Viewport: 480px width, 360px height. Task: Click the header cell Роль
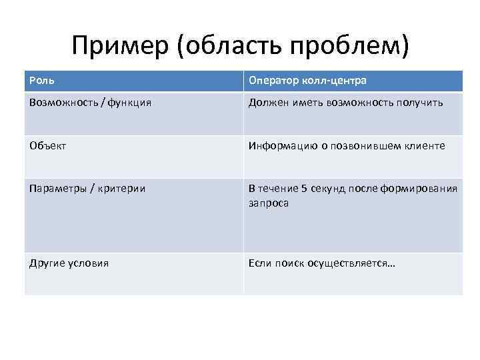(41, 81)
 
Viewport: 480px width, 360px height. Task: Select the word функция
(127, 103)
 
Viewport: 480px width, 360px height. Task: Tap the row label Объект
(47, 145)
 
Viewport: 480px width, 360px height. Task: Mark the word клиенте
(423, 145)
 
